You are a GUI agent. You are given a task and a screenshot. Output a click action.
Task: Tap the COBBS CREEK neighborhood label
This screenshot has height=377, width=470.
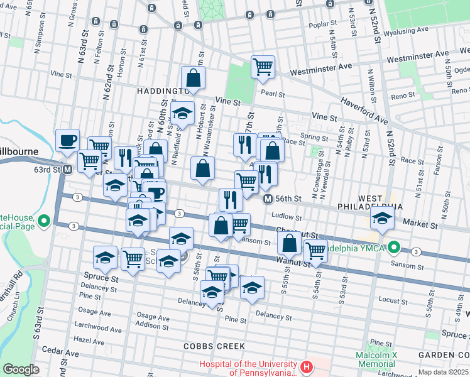(208, 346)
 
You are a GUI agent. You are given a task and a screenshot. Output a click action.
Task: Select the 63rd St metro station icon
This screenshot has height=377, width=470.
(67, 169)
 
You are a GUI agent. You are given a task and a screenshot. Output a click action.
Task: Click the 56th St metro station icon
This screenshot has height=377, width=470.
(268, 199)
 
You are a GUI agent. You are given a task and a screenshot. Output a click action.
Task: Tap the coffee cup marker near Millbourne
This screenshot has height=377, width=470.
(67, 141)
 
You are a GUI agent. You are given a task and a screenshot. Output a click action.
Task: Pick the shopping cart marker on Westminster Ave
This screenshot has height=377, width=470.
(263, 67)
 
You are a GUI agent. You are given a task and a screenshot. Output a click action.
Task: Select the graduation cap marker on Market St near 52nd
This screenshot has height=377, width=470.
(381, 218)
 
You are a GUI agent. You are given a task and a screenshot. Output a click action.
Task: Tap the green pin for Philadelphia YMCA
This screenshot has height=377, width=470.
(395, 246)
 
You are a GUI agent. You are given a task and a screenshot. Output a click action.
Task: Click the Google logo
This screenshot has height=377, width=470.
(21, 369)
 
